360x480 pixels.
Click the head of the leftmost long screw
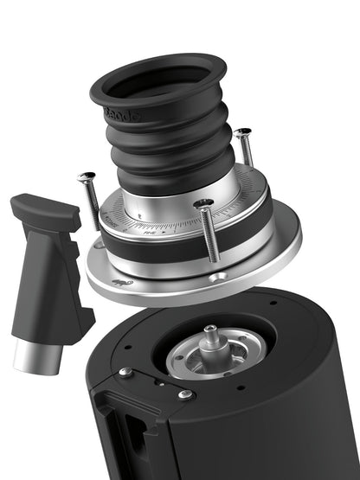pyautogui.click(x=87, y=177)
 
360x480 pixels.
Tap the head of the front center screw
pyautogui.click(x=204, y=204)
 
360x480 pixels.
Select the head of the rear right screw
pyautogui.click(x=242, y=132)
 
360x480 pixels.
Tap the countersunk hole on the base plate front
pyautogui.click(x=219, y=276)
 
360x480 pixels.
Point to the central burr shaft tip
pyautogui.click(x=209, y=330)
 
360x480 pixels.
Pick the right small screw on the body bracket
pyautogui.click(x=184, y=394)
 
